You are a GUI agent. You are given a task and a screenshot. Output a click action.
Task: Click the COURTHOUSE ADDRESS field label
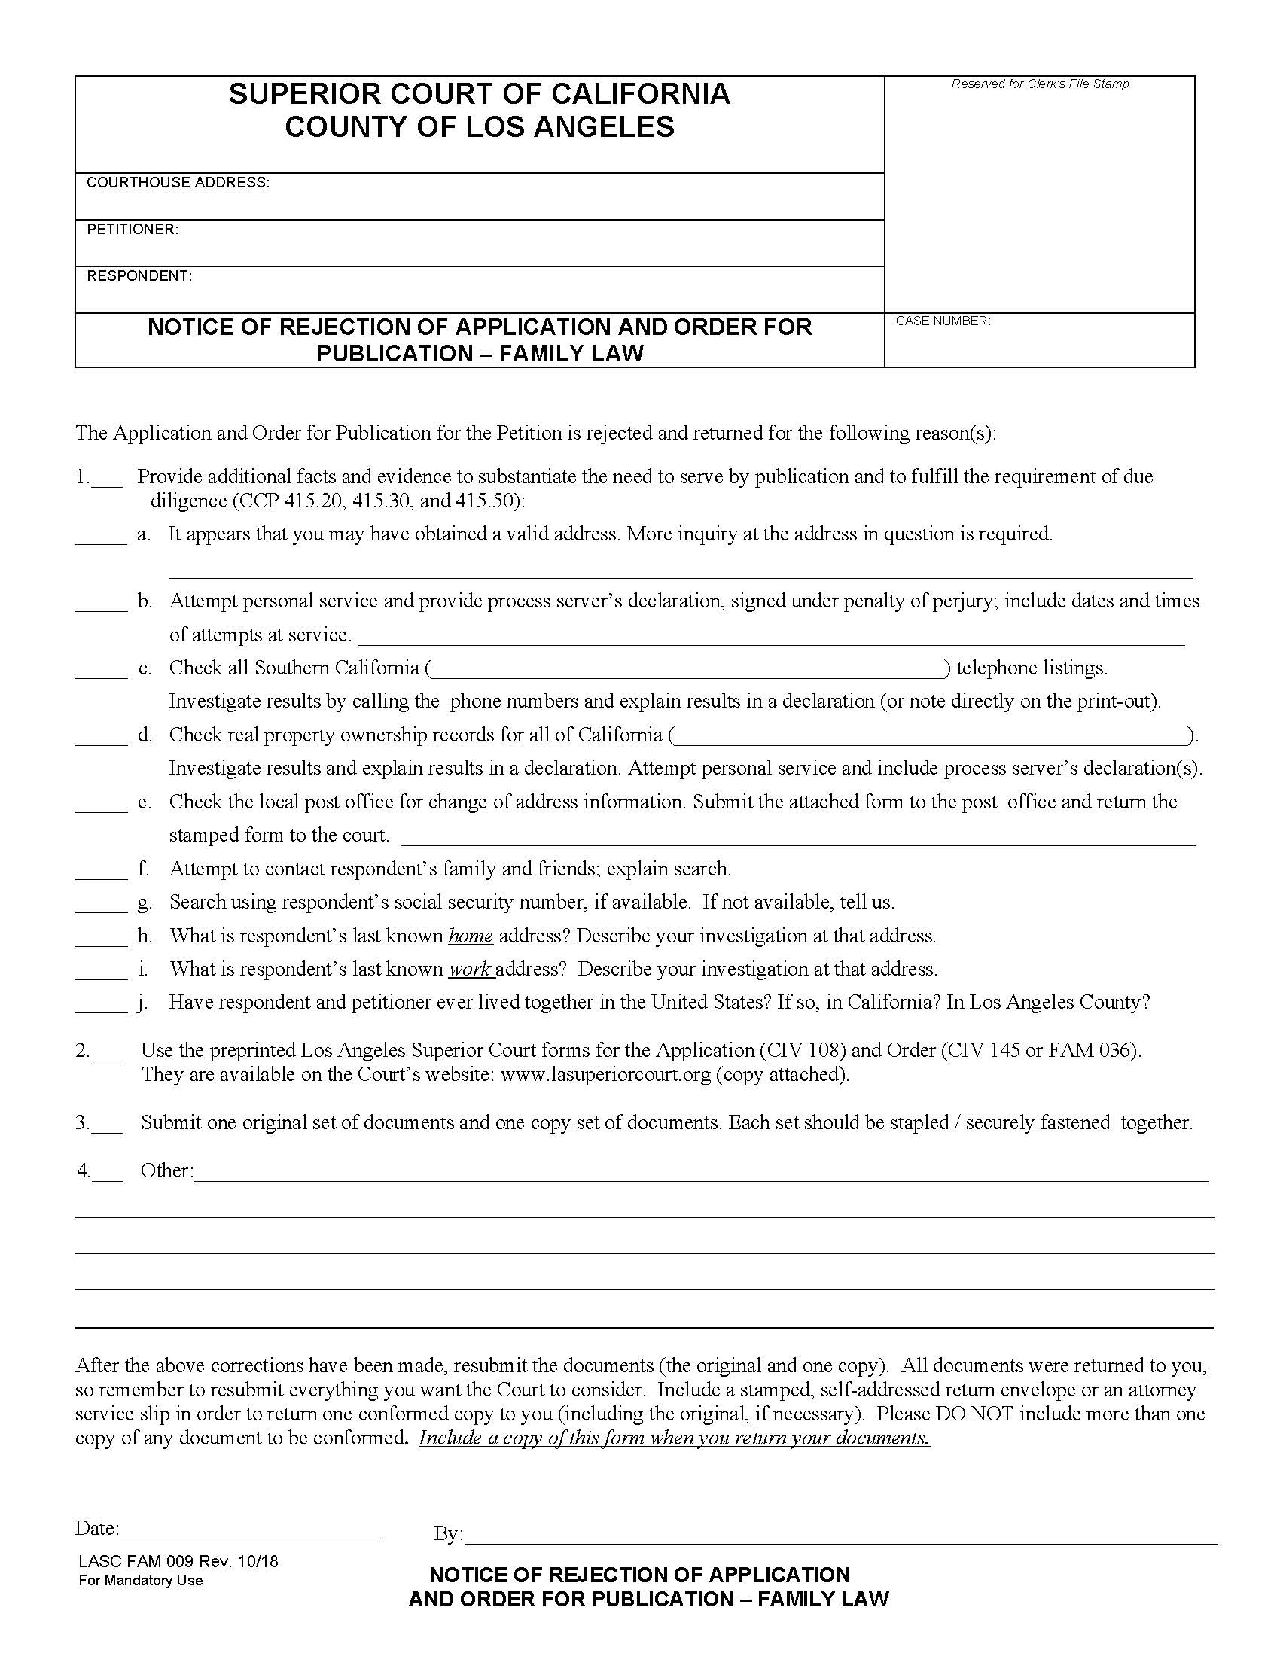(x=178, y=183)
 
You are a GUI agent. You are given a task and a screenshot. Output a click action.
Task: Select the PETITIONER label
(x=132, y=230)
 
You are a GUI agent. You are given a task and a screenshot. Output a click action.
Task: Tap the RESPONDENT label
(x=139, y=276)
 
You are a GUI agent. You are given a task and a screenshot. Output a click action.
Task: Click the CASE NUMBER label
(x=943, y=321)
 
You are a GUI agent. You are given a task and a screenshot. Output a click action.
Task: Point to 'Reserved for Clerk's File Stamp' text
(x=1040, y=84)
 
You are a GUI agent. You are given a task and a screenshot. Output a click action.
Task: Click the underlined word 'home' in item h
(x=470, y=936)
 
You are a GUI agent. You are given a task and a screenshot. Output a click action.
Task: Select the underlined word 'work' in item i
(x=470, y=970)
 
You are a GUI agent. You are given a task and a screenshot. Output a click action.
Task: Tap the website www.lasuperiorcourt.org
(x=605, y=1074)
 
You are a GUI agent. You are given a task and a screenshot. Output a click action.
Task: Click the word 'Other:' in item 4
(x=167, y=1171)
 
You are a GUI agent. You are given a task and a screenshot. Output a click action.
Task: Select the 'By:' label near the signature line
(x=448, y=1534)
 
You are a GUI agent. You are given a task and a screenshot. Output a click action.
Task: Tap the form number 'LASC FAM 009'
(x=137, y=1561)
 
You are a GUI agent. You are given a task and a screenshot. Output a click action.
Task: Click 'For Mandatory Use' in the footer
(x=140, y=1581)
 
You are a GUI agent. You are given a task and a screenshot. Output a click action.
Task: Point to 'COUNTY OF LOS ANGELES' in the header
(x=479, y=126)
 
